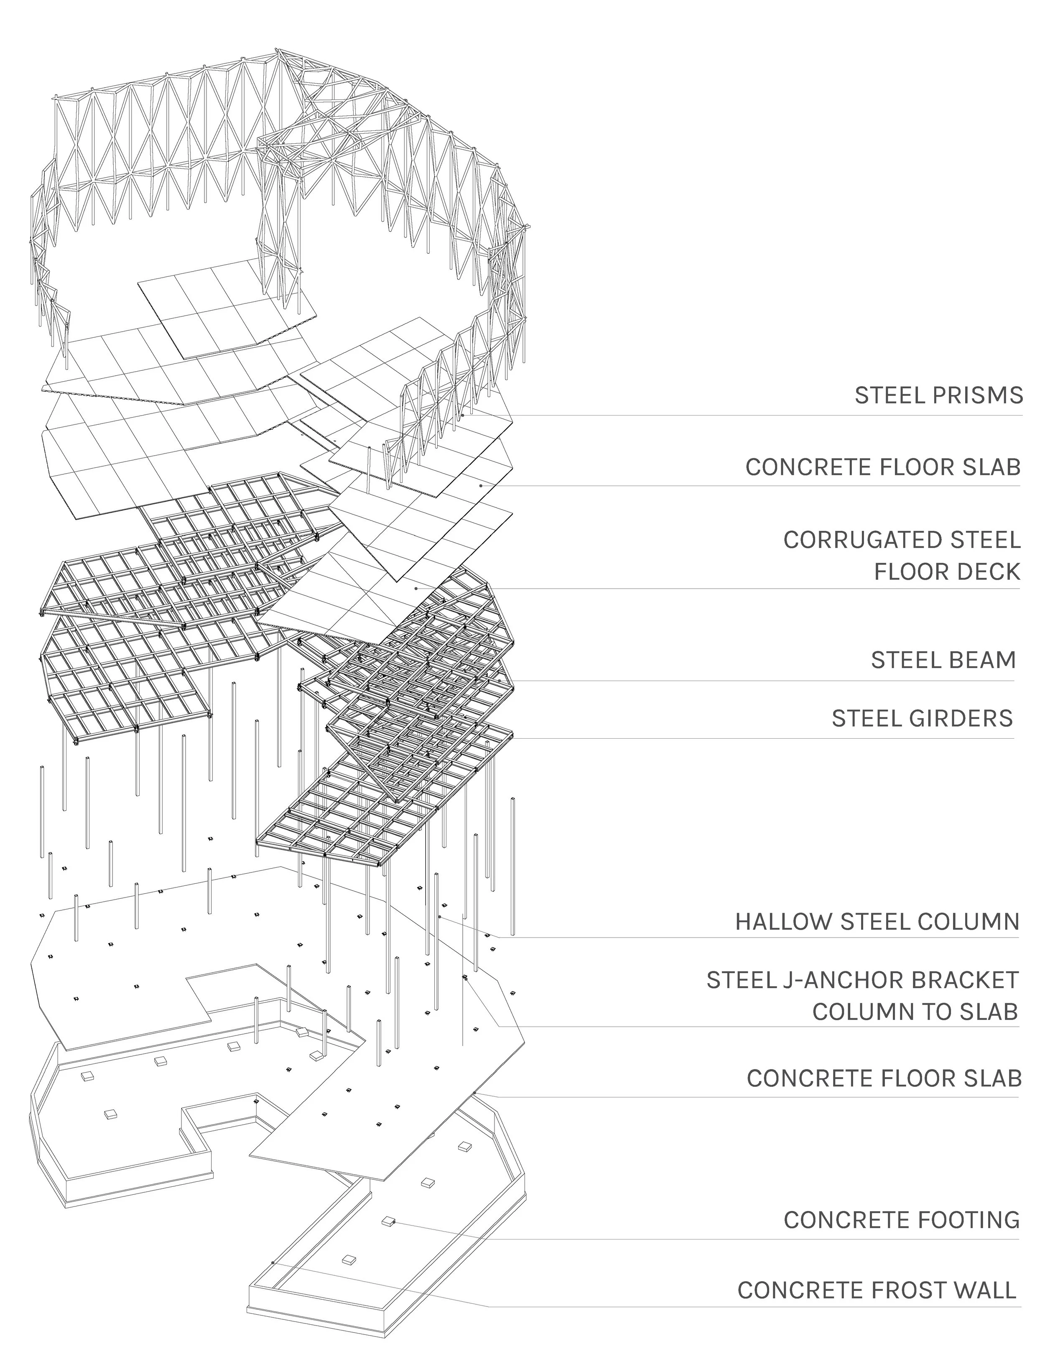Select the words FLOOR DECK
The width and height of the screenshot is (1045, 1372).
[x=947, y=571]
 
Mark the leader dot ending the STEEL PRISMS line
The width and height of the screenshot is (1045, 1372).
[x=463, y=415]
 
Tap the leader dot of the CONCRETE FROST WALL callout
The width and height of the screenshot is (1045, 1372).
[x=273, y=1262]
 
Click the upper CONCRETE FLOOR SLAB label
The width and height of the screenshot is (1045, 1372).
[x=883, y=467]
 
